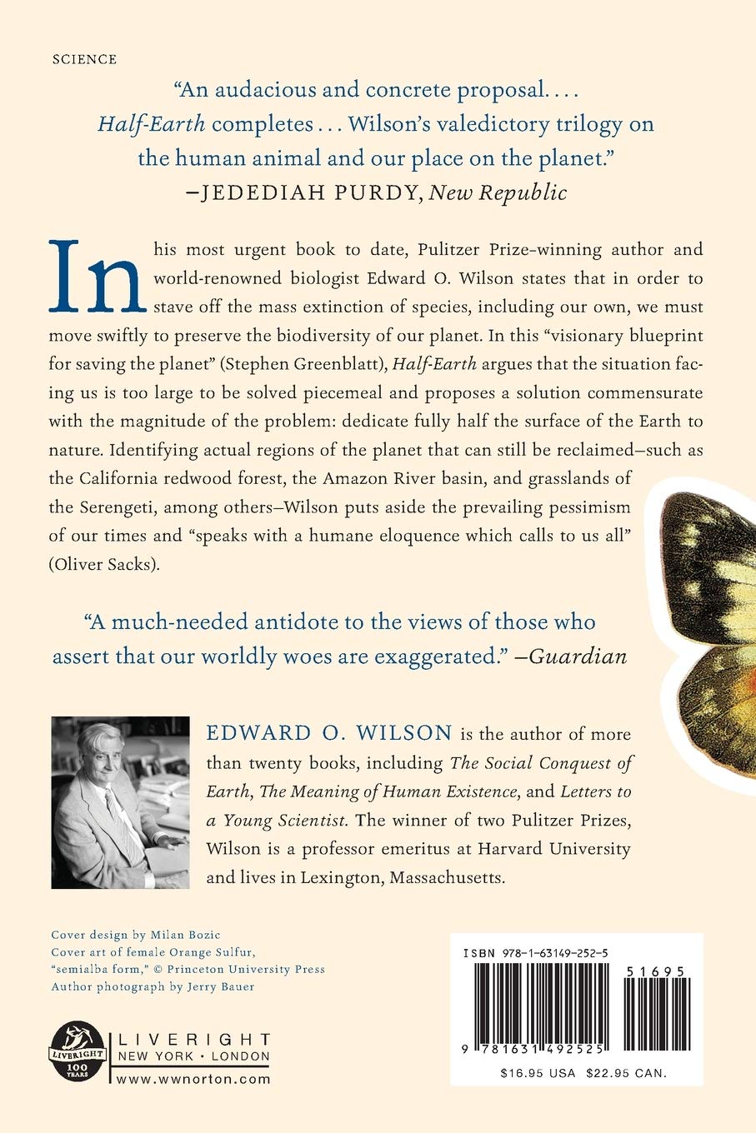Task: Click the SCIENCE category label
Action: pos(84,59)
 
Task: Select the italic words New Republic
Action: pos(500,193)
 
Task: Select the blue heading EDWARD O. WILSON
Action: pos(330,734)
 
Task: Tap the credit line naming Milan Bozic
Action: pos(137,935)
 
